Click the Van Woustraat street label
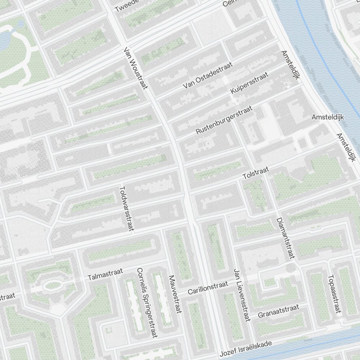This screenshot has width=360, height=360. (136, 68)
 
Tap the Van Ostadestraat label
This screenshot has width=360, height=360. (208, 75)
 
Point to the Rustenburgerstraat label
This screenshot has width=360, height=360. (224, 120)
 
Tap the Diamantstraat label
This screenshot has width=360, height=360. (285, 238)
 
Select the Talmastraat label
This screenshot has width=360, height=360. (105, 274)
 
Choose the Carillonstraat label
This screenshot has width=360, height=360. (208, 288)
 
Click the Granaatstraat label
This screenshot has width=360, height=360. (278, 311)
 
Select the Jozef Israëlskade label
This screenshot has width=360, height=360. (246, 348)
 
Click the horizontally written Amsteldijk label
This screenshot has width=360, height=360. (328, 117)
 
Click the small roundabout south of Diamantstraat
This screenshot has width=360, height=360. (290, 268)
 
